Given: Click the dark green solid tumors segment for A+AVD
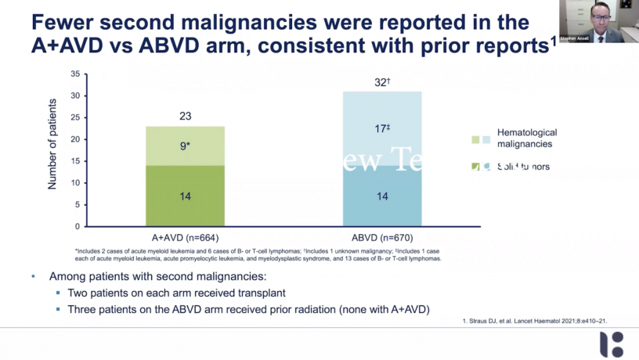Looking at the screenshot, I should [x=184, y=196].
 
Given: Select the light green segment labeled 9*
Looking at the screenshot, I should [x=184, y=146].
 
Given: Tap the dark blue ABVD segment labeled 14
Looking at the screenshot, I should [x=381, y=196].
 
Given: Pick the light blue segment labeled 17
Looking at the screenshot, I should [x=381, y=128].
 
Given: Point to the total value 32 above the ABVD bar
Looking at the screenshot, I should [x=381, y=81].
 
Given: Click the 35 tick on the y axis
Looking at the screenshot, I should [x=75, y=74].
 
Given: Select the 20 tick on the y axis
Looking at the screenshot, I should [x=75, y=139].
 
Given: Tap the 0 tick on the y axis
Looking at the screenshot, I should [x=78, y=226].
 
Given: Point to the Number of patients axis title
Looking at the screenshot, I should [x=52, y=144].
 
